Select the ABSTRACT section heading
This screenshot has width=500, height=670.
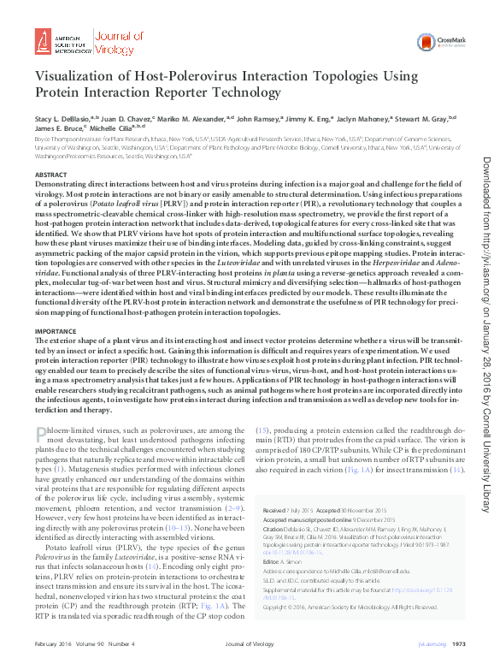pyautogui.click(x=50, y=175)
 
